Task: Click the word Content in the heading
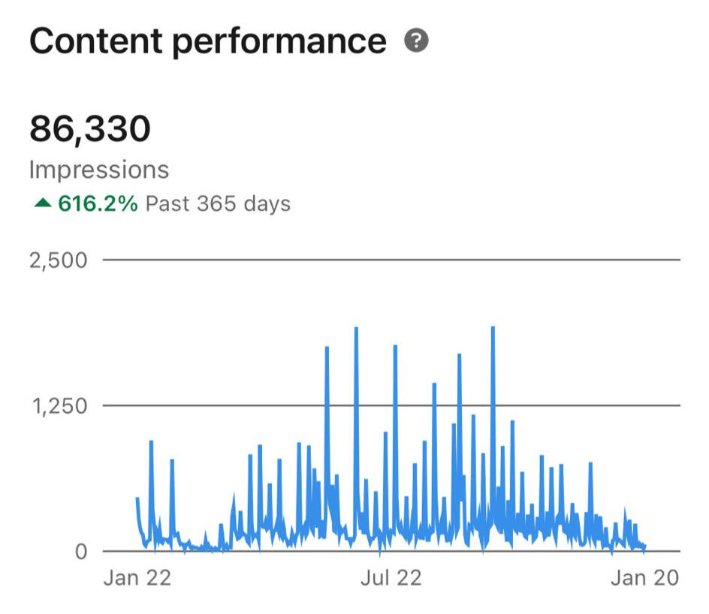[96, 41]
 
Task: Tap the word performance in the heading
[279, 41]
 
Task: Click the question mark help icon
[415, 41]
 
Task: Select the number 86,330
[90, 129]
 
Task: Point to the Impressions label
[99, 170]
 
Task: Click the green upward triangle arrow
[42, 203]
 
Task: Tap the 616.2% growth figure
[98, 203]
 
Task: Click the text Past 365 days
[218, 203]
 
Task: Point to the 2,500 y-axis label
[59, 260]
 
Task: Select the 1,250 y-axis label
[59, 406]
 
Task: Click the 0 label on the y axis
[81, 552]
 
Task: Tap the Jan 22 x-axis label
[137, 577]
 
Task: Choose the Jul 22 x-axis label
[391, 577]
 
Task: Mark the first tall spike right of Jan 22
[151, 443]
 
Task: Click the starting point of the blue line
[137, 498]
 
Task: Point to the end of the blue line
[644, 546]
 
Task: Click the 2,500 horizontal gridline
[391, 260]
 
